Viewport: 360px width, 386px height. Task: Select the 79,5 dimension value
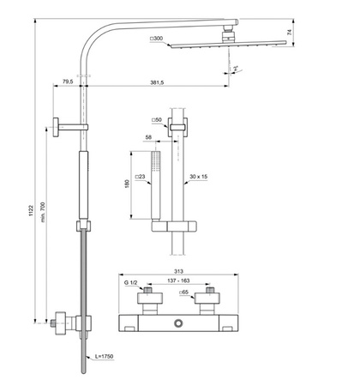[67, 81]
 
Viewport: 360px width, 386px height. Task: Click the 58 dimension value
[149, 136]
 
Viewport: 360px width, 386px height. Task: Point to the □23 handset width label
[144, 177]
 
